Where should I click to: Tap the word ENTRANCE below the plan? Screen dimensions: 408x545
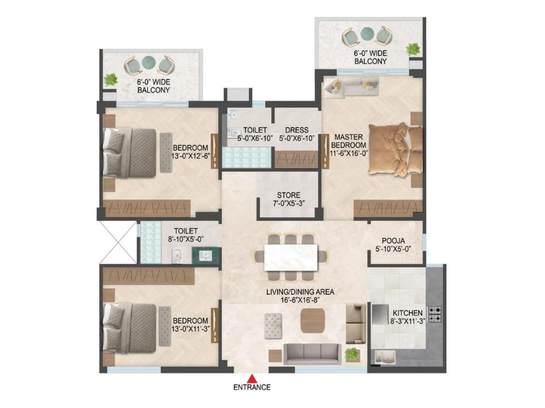[252, 387]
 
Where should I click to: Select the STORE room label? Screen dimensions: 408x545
[289, 195]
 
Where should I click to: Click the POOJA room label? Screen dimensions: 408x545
[393, 241]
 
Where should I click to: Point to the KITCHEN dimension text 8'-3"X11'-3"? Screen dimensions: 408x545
[407, 321]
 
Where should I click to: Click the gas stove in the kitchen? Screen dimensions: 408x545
[435, 314]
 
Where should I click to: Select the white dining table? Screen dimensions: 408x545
[291, 257]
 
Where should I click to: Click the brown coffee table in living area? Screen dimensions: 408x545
[312, 321]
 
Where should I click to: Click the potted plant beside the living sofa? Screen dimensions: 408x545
[352, 354]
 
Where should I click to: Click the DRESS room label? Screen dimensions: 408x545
[297, 130]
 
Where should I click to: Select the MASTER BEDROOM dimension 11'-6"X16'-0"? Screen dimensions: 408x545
[348, 153]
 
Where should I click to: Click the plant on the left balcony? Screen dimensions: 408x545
[110, 80]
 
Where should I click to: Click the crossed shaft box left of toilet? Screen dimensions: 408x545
[118, 242]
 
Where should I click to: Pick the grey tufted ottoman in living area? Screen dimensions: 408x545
[273, 325]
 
